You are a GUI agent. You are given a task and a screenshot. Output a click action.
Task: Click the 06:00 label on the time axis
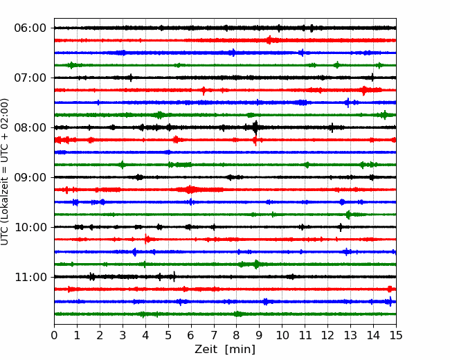point(30,28)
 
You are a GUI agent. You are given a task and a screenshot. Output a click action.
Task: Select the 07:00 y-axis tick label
point(30,78)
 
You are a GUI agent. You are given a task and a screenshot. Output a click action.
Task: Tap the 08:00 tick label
point(30,127)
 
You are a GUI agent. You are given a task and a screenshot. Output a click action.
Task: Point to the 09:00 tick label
point(30,177)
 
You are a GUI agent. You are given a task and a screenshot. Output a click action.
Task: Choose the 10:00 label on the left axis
point(30,227)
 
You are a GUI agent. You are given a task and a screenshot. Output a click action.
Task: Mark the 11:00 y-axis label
point(30,277)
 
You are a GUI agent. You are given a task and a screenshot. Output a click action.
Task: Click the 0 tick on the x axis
point(54,335)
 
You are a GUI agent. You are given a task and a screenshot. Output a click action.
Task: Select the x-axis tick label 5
point(168,335)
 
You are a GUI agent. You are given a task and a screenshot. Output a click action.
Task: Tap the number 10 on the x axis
point(282,335)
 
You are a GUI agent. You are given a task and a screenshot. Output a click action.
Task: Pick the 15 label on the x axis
point(396,335)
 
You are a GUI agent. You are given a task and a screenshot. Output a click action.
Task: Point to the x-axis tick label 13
point(350,335)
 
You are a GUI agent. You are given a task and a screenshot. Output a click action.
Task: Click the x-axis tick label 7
point(214,335)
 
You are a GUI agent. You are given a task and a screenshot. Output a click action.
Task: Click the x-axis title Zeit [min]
point(225,350)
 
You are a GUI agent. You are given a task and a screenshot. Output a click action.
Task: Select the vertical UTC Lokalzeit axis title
point(4,172)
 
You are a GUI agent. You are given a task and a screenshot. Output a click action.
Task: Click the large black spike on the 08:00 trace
point(255,128)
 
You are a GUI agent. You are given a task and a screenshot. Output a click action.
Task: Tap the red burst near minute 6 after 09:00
point(190,190)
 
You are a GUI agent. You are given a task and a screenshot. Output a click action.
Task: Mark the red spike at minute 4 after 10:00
point(146,239)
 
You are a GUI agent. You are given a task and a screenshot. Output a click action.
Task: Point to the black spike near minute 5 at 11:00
point(174,277)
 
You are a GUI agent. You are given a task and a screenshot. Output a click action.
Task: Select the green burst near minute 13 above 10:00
point(348,215)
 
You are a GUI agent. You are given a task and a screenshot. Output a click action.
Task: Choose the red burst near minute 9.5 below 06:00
point(269,40)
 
